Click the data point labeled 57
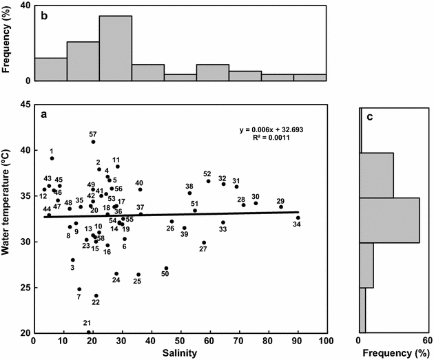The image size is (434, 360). point(93,142)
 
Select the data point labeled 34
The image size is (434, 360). point(298,218)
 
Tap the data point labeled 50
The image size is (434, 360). point(166,268)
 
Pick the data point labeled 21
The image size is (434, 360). point(89,332)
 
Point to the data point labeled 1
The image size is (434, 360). point(52,158)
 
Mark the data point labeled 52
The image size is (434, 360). point(208,181)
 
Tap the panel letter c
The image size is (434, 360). point(369,116)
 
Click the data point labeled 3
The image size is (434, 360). point(73,260)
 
